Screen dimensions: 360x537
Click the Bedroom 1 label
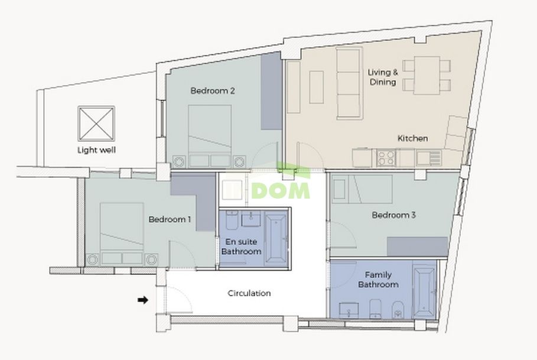(169, 219)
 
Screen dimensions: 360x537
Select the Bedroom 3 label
(393, 215)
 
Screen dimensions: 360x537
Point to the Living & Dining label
(383, 77)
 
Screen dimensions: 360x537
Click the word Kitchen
(412, 138)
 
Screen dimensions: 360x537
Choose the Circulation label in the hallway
(249, 293)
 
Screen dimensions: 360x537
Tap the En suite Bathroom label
(241, 247)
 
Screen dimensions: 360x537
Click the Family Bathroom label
(381, 280)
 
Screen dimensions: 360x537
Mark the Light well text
(96, 150)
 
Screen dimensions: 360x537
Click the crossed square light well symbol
(96, 124)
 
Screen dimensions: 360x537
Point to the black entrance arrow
(142, 300)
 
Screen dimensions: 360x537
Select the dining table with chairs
(427, 75)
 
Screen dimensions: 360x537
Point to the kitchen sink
(428, 157)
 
